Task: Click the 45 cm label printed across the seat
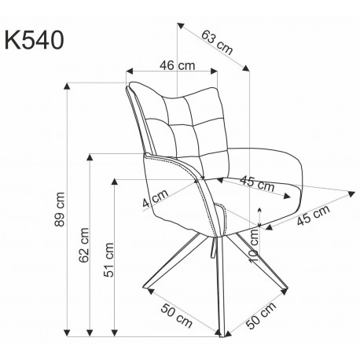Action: [257, 185]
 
